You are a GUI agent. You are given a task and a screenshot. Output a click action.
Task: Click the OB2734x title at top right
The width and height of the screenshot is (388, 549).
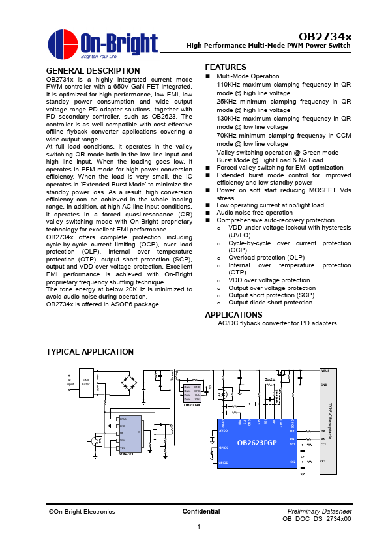point(325,37)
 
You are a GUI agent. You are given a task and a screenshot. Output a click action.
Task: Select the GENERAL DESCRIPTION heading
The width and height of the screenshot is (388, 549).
point(93,71)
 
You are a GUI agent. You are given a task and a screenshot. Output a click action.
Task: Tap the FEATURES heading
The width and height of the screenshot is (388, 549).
point(225,67)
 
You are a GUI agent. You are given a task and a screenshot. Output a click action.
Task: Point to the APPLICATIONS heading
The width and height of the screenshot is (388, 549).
point(233,315)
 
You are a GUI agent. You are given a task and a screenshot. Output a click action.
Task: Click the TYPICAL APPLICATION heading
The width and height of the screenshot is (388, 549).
point(89,352)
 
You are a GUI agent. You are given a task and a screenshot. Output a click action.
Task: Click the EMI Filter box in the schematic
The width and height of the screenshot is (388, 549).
point(86,383)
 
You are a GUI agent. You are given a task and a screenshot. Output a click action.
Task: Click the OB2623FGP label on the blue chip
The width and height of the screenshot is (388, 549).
point(256,443)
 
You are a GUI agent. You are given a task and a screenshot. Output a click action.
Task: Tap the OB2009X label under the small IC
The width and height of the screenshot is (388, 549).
point(192,405)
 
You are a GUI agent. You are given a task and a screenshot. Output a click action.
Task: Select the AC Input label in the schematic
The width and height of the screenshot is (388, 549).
point(70,382)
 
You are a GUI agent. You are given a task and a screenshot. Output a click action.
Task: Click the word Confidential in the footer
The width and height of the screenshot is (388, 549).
point(201,512)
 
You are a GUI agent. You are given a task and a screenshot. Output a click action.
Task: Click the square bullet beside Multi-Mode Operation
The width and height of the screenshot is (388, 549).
point(208,76)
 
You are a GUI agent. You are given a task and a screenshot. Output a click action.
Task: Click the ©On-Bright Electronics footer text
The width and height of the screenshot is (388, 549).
point(82,512)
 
